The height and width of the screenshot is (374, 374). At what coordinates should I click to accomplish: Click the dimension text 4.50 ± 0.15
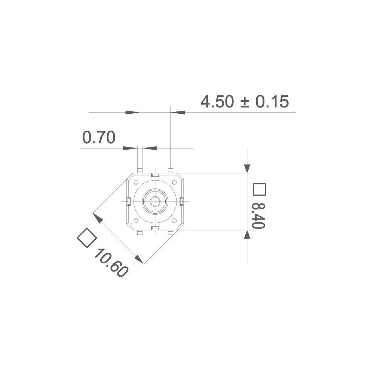[245, 101]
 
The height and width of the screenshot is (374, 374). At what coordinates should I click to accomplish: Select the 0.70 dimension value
[99, 138]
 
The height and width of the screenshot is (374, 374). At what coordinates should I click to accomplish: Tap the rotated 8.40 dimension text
[258, 216]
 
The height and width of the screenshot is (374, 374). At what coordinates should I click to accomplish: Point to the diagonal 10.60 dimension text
[111, 263]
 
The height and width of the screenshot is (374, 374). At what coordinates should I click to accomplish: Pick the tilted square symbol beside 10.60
[87, 237]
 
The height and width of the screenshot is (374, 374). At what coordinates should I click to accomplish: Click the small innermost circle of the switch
[154, 201]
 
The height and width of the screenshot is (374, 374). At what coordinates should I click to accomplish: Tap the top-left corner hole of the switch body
[136, 183]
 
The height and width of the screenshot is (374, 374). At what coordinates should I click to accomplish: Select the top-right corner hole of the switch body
[174, 183]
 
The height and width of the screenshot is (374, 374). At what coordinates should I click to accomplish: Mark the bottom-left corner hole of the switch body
[136, 220]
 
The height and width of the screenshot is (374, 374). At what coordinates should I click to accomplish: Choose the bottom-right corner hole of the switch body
[174, 220]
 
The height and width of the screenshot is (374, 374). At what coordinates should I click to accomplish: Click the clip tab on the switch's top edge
[155, 175]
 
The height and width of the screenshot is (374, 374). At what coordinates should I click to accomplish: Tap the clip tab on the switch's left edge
[128, 202]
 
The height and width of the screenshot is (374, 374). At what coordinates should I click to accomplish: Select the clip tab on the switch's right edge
[181, 202]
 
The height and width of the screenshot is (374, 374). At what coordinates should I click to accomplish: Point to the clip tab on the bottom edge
[155, 228]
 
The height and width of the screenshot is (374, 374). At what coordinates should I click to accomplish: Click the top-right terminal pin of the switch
[171, 171]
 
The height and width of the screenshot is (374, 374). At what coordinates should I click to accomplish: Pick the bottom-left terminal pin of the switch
[140, 233]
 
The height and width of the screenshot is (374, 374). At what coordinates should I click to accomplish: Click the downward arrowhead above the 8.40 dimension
[247, 168]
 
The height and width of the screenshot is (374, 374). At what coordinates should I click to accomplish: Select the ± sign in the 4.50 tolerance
[244, 102]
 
